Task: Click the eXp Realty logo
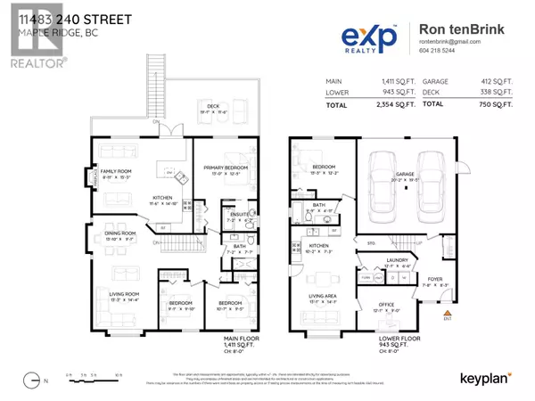tap(374, 35)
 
